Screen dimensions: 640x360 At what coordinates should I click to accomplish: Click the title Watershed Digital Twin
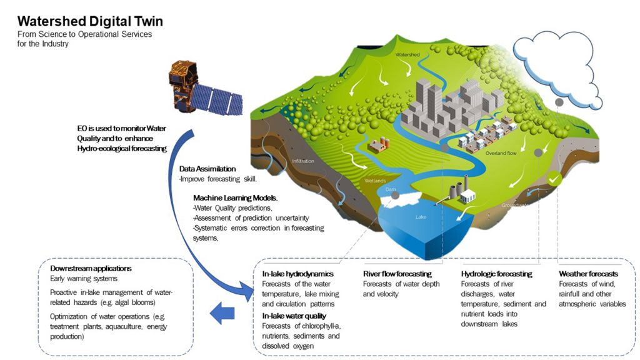(90, 21)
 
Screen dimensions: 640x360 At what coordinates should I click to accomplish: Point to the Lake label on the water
(421, 217)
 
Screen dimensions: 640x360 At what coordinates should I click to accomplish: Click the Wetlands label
(375, 181)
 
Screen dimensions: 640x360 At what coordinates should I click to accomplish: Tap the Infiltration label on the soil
(303, 161)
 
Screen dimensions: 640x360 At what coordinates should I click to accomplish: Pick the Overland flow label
(501, 153)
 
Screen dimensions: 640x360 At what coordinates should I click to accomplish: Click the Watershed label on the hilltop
(407, 54)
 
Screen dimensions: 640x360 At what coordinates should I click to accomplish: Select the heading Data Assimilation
(207, 169)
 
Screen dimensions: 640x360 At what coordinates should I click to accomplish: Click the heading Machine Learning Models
(235, 198)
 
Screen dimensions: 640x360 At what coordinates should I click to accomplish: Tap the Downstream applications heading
(91, 268)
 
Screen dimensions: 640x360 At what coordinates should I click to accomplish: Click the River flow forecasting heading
(397, 274)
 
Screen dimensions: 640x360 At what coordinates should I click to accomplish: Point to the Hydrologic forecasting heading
(496, 274)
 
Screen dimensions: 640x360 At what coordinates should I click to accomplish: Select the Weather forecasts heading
(588, 274)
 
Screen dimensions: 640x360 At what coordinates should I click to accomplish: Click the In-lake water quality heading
(294, 316)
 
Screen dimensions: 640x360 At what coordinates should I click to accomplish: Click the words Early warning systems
(84, 278)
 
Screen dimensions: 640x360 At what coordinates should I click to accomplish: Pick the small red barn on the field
(378, 144)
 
